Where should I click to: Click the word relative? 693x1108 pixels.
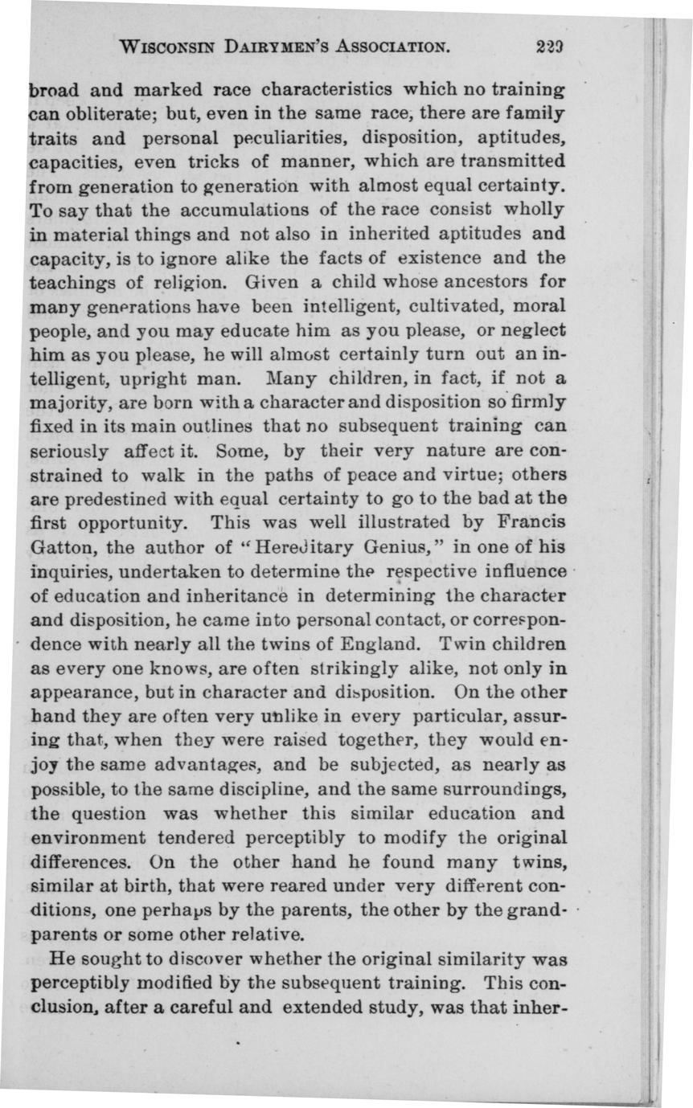(x=253, y=934)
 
